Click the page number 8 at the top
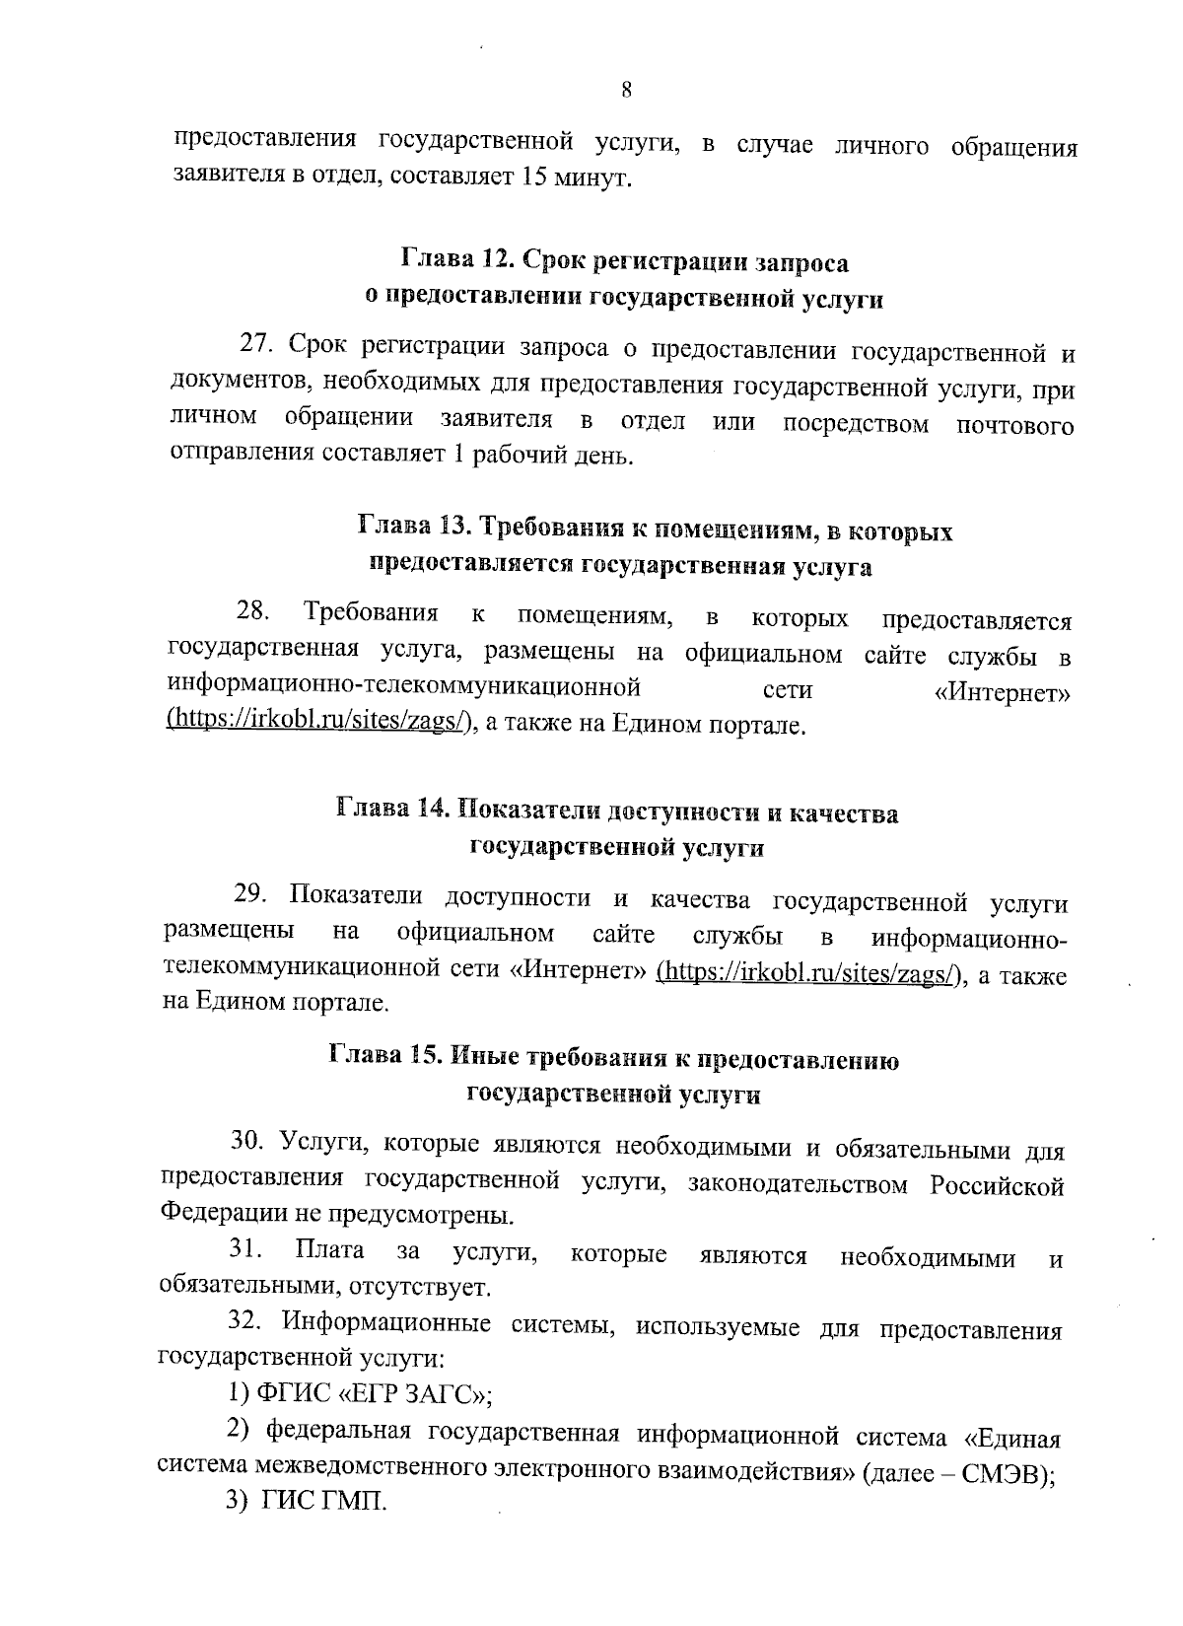[627, 89]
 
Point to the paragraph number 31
[246, 1251]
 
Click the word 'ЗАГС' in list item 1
[430, 1395]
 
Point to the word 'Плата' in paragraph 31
[330, 1251]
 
